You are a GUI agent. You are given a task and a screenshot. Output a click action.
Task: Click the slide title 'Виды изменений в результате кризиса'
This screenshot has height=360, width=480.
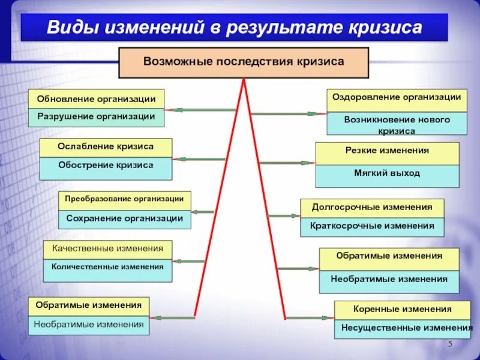235,28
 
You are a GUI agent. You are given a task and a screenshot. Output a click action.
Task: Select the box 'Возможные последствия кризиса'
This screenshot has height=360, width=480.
244,62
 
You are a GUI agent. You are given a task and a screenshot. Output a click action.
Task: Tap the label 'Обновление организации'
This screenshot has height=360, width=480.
96,99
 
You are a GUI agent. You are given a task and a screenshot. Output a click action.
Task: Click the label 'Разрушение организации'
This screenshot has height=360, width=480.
96,116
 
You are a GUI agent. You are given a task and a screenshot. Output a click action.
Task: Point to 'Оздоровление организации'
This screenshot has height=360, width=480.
397,97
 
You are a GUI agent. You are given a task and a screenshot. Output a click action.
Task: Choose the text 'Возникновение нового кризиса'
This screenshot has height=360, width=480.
397,125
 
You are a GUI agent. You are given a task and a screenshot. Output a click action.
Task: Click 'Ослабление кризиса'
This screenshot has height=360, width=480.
106,146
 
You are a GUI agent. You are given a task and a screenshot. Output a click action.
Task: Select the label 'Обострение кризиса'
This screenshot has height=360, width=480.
106,165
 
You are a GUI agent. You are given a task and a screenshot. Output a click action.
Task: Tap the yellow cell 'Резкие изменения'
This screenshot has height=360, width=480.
387,151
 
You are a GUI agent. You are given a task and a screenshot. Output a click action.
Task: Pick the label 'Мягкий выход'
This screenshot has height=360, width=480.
387,173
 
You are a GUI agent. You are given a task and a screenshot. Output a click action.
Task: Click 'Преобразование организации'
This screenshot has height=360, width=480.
125,199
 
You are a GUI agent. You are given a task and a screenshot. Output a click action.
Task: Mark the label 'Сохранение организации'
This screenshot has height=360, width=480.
125,218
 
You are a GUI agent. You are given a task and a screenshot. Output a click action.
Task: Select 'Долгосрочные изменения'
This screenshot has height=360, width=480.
372,207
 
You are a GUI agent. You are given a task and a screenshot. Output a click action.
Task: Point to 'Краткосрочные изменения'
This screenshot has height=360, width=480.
372,226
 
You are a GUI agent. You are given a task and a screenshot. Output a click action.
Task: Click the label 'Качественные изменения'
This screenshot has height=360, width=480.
107,248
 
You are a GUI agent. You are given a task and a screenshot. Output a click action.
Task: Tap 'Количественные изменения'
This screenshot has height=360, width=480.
107,266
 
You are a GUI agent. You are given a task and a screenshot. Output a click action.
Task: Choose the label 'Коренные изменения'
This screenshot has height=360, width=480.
403,309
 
